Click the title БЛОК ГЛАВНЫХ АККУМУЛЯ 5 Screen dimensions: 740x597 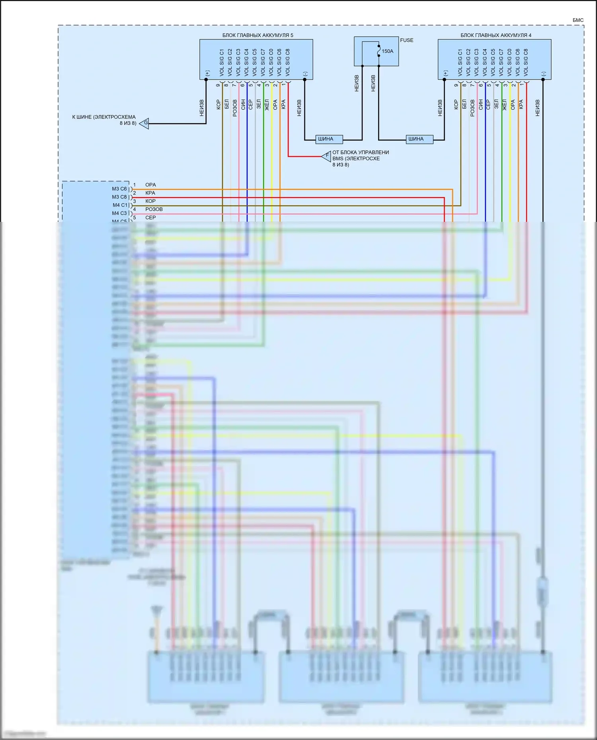pyautogui.click(x=258, y=35)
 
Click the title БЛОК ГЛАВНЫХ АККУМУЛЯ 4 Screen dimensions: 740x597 pyautogui.click(x=496, y=35)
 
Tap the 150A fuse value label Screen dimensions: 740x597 pyautogui.click(x=387, y=51)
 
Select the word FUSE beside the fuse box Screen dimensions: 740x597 pyautogui.click(x=406, y=40)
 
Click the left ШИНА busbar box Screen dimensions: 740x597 pyautogui.click(x=329, y=139)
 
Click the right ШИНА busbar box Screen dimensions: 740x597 pyautogui.click(x=419, y=139)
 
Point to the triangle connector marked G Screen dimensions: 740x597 pyautogui.click(x=145, y=123)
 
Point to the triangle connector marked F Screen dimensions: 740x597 pyautogui.click(x=327, y=156)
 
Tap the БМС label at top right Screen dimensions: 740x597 pyautogui.click(x=578, y=20)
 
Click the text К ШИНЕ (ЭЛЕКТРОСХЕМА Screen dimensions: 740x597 pyautogui.click(x=104, y=117)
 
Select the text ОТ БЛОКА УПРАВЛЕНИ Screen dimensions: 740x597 pyautogui.click(x=361, y=152)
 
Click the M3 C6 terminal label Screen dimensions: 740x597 pyautogui.click(x=119, y=189)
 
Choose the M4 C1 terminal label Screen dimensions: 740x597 pyautogui.click(x=119, y=205)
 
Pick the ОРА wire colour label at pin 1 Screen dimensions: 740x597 pyautogui.click(x=150, y=185)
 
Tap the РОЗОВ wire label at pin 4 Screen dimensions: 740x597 pyautogui.click(x=154, y=209)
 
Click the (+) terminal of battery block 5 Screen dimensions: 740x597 pyautogui.click(x=207, y=73)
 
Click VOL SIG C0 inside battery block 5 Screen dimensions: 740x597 pyautogui.click(x=271, y=62)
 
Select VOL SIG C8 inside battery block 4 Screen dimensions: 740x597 pyautogui.click(x=526, y=62)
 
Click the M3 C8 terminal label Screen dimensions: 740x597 pyautogui.click(x=119, y=197)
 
